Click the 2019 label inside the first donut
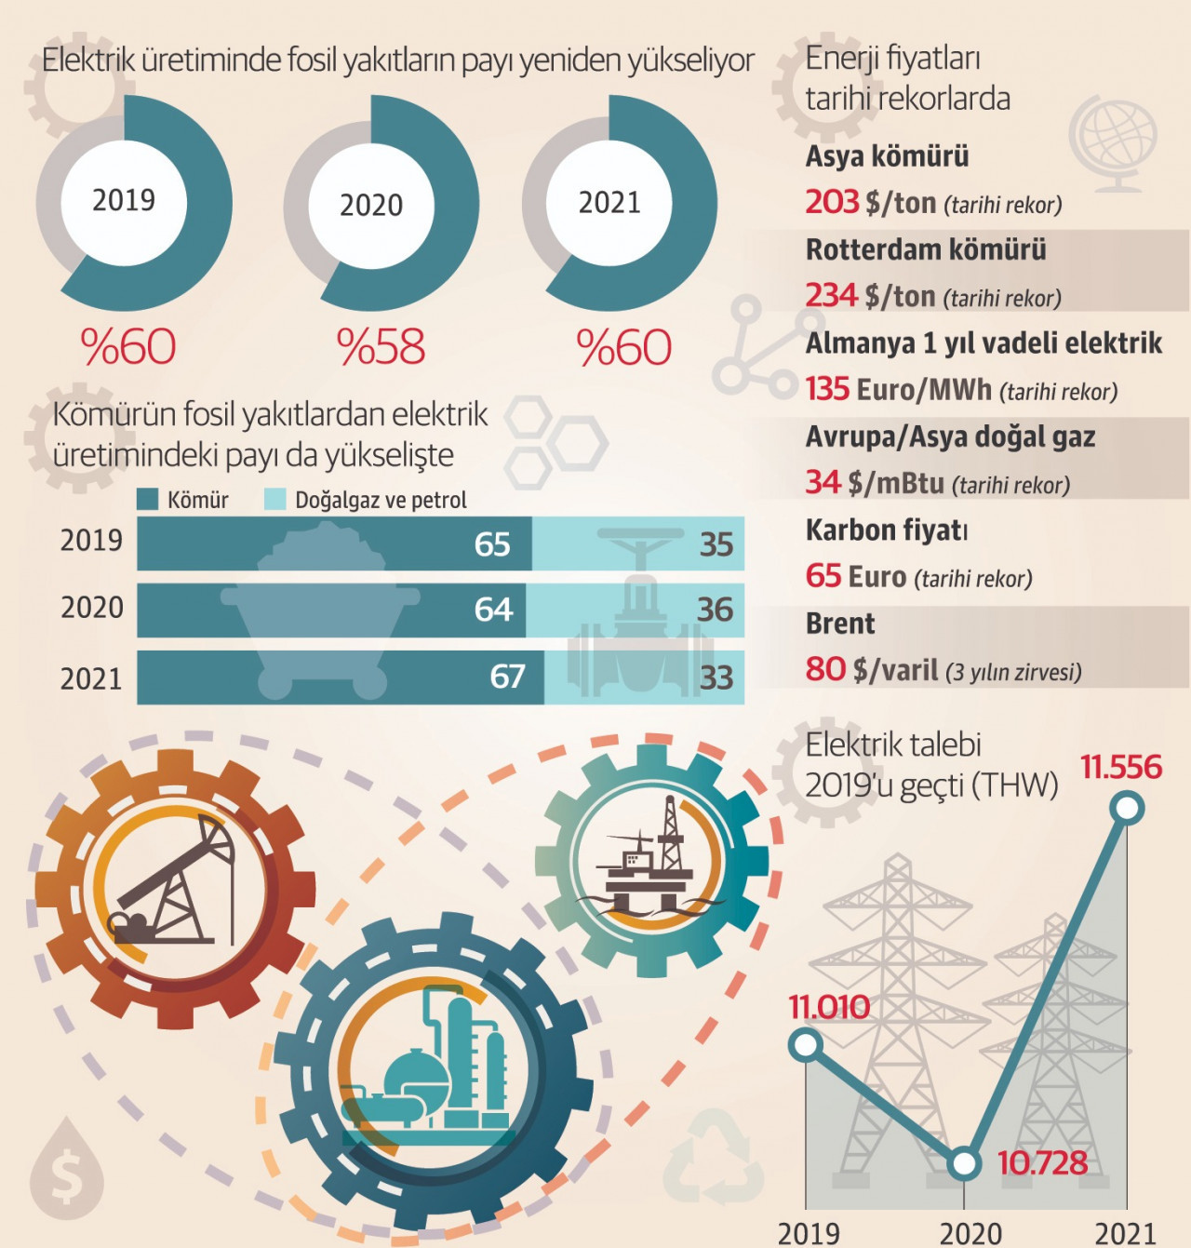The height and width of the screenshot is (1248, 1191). [x=124, y=200]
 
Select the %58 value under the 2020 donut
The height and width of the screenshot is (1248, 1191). [x=381, y=347]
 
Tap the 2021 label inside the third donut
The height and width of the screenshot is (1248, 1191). [x=609, y=202]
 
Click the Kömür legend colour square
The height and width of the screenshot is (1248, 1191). [x=147, y=500]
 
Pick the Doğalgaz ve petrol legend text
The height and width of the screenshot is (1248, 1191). [x=381, y=500]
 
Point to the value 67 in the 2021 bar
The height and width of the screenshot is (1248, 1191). [x=507, y=677]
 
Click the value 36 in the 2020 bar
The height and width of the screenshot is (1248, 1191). [x=715, y=610]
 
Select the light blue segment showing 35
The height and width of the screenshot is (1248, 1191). [x=638, y=543]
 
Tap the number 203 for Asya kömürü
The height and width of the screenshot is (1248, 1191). [x=832, y=202]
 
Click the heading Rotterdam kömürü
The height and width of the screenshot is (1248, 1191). [x=926, y=249]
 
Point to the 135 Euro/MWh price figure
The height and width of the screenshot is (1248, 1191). [x=898, y=389]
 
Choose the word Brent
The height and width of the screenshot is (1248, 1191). [x=840, y=624]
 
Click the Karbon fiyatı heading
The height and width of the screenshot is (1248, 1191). [x=887, y=530]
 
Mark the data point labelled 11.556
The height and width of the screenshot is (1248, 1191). [x=1127, y=808]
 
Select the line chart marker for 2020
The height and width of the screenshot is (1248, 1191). [x=965, y=1163]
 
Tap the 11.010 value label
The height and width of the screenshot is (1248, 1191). [x=829, y=1007]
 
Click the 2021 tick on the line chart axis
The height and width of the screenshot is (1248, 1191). [x=1125, y=1234]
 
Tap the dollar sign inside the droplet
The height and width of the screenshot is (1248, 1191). [x=66, y=1175]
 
